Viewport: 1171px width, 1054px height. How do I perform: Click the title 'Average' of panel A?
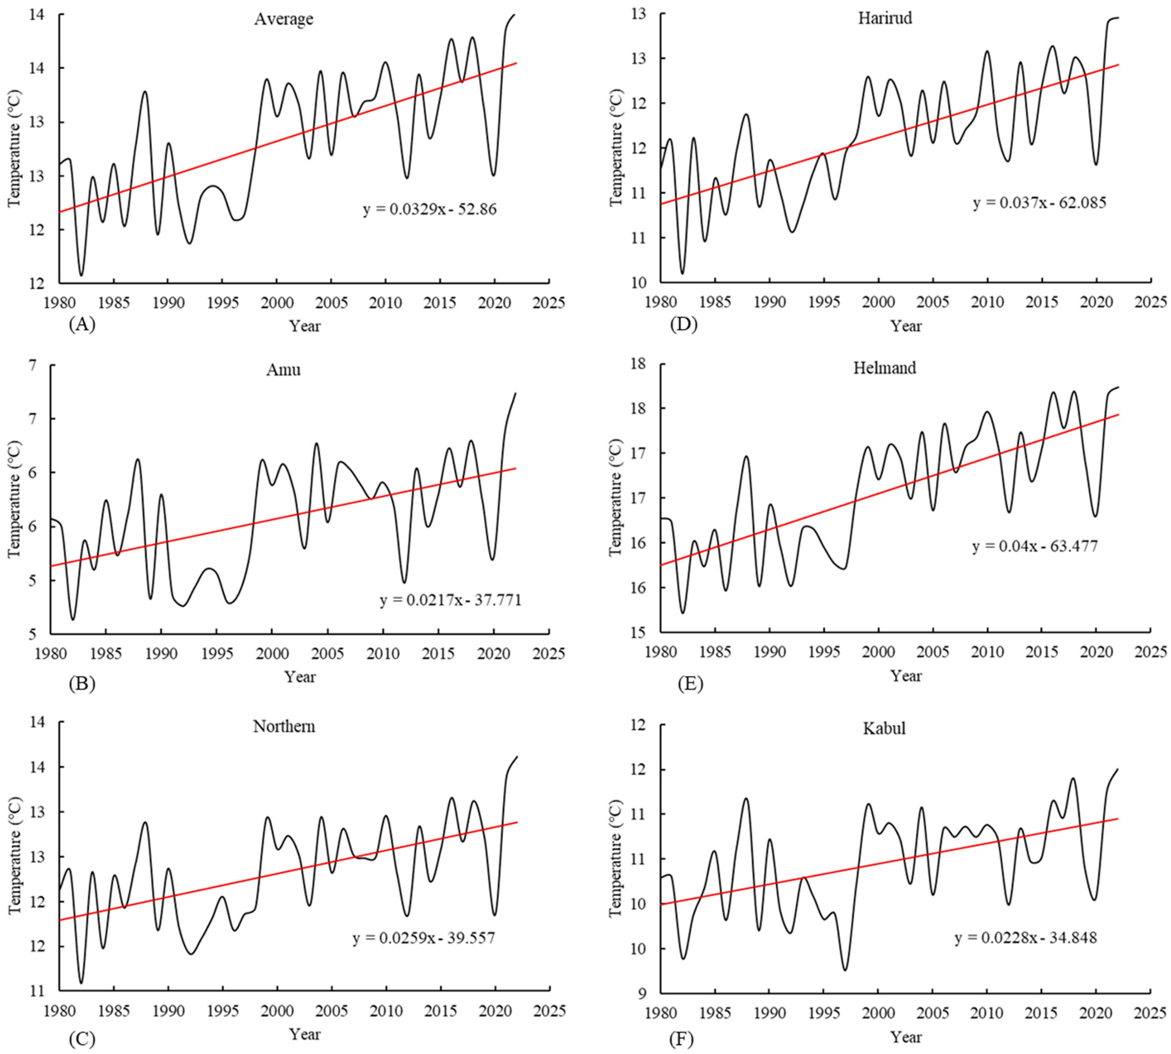coord(283,19)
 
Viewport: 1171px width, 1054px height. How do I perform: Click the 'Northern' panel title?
coord(284,726)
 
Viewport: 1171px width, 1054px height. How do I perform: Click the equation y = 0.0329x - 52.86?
coord(430,209)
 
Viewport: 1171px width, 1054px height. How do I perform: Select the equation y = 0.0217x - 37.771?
coord(451,601)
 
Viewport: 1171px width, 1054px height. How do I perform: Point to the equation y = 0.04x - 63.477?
coord(1035,546)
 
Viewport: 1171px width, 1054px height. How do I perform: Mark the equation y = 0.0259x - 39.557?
coord(423,938)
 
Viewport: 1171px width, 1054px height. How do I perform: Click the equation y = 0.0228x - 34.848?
coord(1026,938)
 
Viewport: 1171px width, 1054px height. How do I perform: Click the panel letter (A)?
coord(82,325)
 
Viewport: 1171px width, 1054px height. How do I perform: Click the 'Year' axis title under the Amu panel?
coord(300,676)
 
